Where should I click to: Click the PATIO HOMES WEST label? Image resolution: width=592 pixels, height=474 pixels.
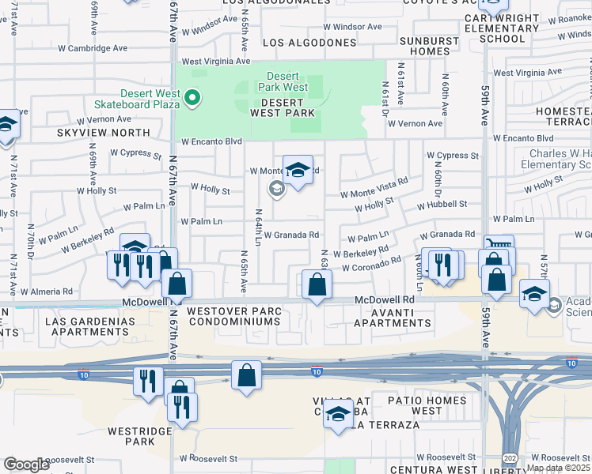pyautogui.click(x=416, y=406)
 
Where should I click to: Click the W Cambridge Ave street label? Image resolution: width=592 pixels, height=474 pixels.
pyautogui.click(x=93, y=48)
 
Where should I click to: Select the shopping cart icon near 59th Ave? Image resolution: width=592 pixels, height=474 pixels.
pyautogui.click(x=499, y=245)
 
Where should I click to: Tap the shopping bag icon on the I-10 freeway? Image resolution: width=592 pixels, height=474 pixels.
pyautogui.click(x=246, y=374)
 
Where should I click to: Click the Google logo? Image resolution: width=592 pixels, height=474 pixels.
pyautogui.click(x=27, y=465)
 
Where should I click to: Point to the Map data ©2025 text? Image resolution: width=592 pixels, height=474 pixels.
pyautogui.click(x=558, y=468)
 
